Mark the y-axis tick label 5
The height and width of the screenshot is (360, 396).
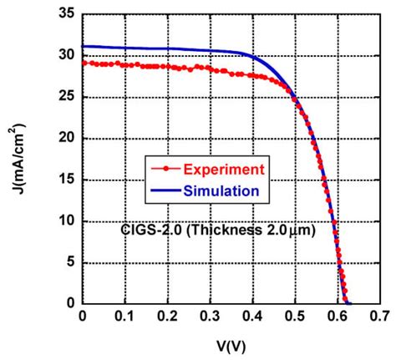click(x=69, y=262)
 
